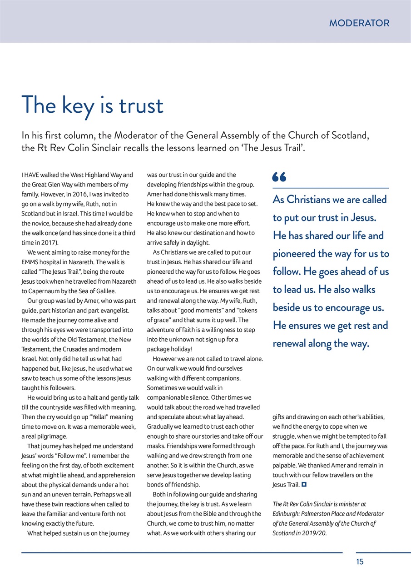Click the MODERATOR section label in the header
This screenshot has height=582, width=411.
(359, 23)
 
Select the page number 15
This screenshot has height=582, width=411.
(360, 562)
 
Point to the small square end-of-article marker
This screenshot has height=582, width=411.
(303, 485)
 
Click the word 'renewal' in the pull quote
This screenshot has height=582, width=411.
(289, 344)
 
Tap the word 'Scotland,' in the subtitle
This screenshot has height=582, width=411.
(351, 135)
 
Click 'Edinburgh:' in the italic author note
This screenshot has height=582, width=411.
(287, 514)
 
